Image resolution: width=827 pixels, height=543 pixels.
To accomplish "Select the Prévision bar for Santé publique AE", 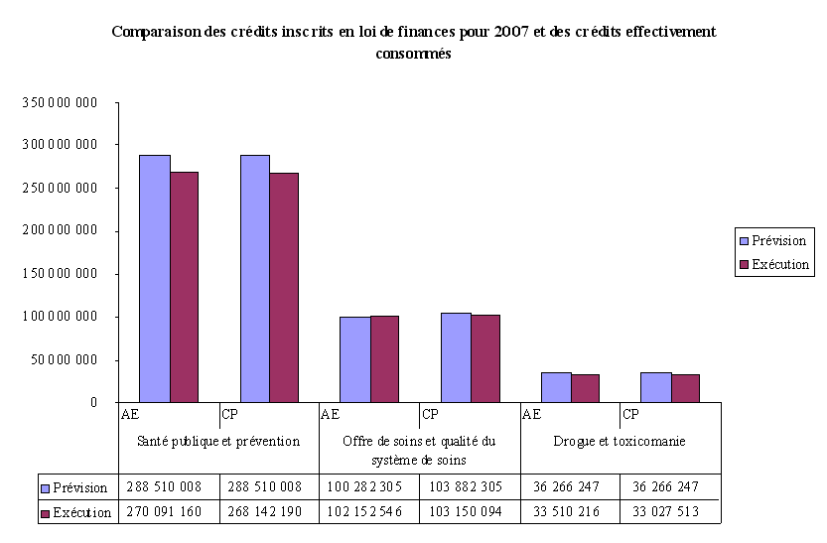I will (x=154, y=278).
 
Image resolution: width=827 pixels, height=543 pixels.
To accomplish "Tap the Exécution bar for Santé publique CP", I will (x=284, y=288).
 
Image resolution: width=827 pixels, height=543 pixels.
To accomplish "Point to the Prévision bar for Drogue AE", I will (x=556, y=387).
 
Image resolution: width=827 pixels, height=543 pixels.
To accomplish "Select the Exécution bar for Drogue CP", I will (x=685, y=388).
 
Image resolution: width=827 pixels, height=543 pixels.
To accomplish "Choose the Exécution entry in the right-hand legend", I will (x=772, y=265).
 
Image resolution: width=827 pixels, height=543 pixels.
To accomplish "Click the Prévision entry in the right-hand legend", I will (x=771, y=240).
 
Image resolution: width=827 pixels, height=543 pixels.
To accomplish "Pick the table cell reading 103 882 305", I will (x=470, y=487).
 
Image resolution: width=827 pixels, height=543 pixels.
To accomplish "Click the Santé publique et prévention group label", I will (x=218, y=441).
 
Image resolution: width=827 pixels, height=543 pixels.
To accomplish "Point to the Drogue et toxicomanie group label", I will (x=620, y=441).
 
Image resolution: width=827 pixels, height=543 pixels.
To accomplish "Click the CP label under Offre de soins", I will (x=431, y=414).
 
